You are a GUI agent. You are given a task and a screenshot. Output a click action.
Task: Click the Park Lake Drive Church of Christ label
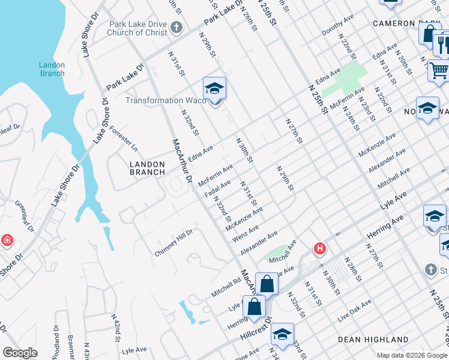click(x=138, y=28)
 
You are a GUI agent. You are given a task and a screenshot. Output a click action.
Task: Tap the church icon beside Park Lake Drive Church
click(x=176, y=27)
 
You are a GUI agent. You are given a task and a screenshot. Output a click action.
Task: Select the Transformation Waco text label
click(x=162, y=100)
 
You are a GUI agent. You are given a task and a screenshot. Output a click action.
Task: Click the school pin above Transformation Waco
click(x=214, y=89)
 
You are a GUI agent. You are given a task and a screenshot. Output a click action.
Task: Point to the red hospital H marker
click(x=321, y=248)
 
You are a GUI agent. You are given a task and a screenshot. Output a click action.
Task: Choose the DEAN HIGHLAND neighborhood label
click(x=373, y=339)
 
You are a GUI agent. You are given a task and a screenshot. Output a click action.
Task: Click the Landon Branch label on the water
click(x=52, y=69)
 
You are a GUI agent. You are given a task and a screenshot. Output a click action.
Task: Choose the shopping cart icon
click(x=439, y=70)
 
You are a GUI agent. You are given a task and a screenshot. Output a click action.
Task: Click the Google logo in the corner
click(x=20, y=353)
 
